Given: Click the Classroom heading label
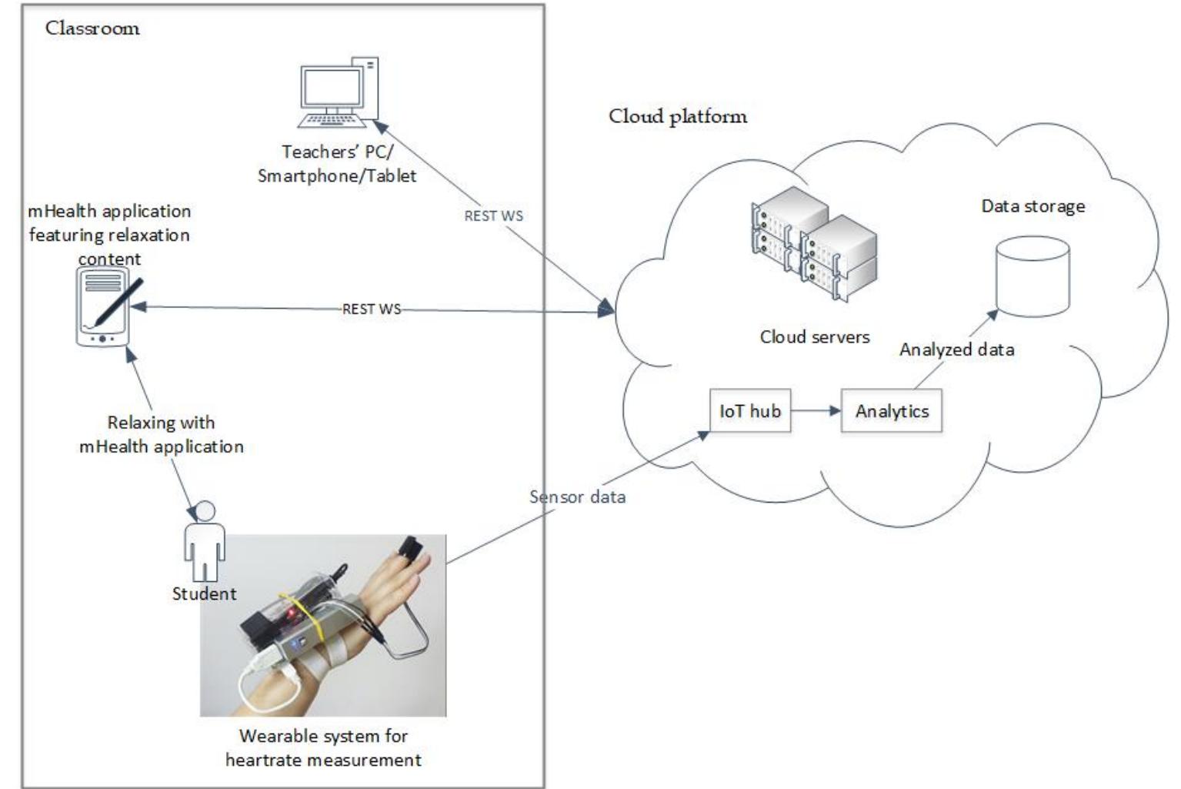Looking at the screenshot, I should (x=92, y=28).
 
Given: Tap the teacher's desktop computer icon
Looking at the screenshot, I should (x=338, y=92).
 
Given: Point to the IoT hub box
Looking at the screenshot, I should (x=749, y=411).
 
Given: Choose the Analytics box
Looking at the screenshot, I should (x=891, y=411).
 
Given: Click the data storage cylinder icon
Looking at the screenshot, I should (x=1033, y=276).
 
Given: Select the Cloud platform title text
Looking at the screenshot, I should (x=677, y=116).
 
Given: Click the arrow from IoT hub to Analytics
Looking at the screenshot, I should (x=816, y=411).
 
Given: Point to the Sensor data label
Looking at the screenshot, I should (x=577, y=497).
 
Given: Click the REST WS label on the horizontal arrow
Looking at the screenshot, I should (x=372, y=309).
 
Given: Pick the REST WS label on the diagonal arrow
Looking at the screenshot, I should (x=493, y=216).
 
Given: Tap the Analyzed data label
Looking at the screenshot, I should (x=956, y=349).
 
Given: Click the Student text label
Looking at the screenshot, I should (x=204, y=593).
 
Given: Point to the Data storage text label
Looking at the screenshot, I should (x=1033, y=206).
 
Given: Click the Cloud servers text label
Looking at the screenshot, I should (x=814, y=337).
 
